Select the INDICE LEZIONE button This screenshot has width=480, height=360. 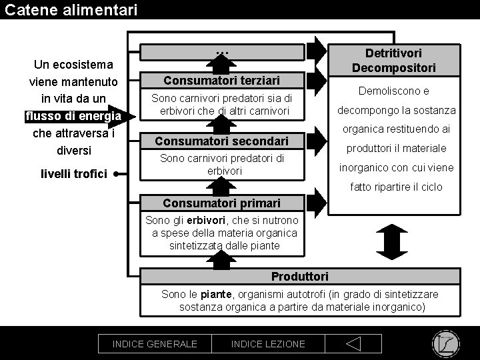pos(268,344)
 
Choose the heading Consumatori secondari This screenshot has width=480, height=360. pos(222,141)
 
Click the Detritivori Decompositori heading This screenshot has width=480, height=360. pos(393,60)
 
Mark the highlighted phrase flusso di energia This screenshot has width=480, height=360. pos(73,116)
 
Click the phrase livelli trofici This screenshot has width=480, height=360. pos(73,174)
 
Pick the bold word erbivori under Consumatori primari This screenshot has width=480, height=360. pos(207,221)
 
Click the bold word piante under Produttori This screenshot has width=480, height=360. pos(216,294)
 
